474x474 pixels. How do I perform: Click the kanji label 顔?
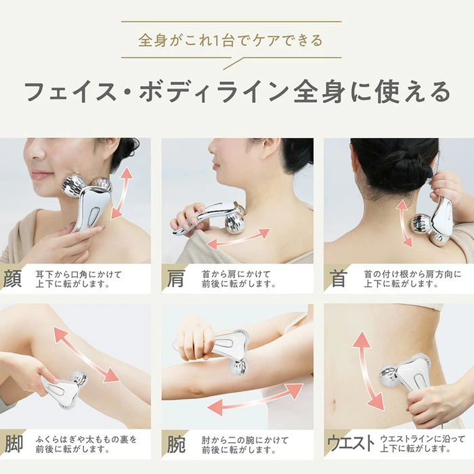pyautogui.click(x=13, y=278)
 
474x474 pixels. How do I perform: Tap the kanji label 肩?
pyautogui.click(x=176, y=278)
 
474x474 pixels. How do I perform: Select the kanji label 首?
pyautogui.click(x=337, y=278)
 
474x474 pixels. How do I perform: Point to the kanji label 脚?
pyautogui.click(x=14, y=444)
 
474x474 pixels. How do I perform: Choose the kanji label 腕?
pyautogui.click(x=176, y=444)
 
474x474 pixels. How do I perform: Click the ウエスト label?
pyautogui.click(x=350, y=444)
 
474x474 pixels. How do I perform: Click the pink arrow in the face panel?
pyautogui.click(x=122, y=193)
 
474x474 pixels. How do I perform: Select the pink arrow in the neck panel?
pyautogui.click(x=404, y=223)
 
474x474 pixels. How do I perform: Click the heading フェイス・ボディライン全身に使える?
pyautogui.click(x=237, y=91)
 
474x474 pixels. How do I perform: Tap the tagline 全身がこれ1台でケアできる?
pyautogui.click(x=231, y=41)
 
